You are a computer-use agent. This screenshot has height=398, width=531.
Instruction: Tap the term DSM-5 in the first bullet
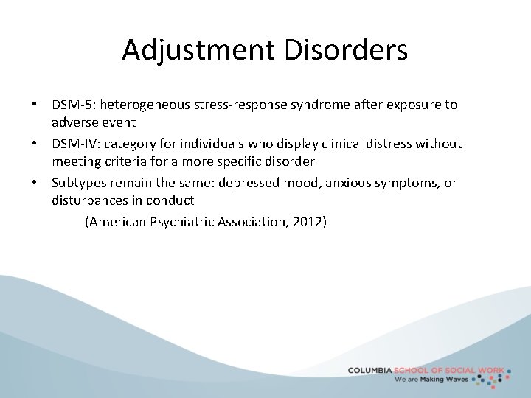coord(69,105)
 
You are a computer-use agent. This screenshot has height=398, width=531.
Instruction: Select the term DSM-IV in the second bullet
coord(72,144)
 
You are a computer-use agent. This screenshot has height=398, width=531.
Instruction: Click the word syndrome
coord(322,105)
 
